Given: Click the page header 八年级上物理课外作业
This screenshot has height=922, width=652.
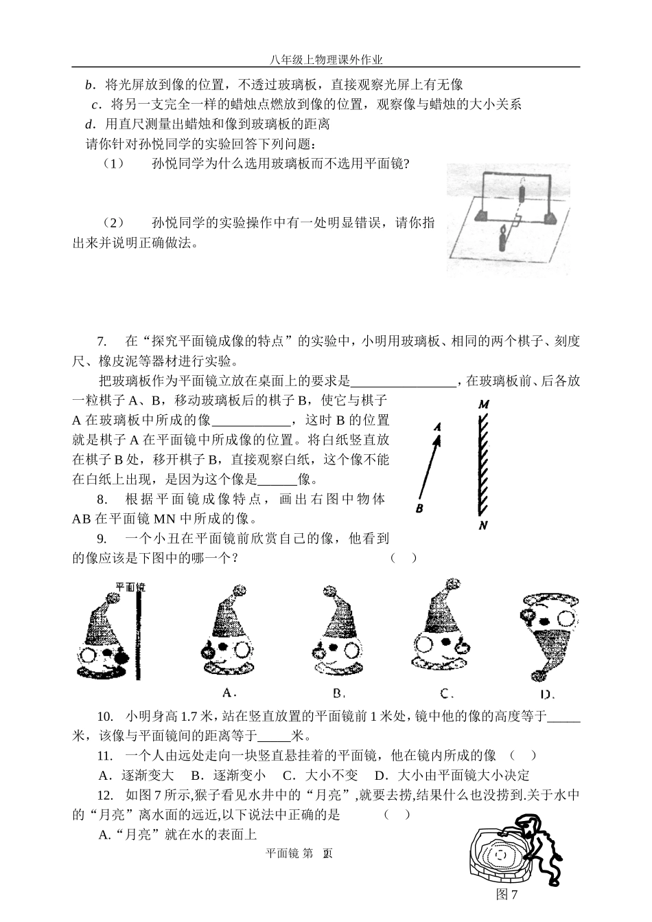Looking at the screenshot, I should (326, 60).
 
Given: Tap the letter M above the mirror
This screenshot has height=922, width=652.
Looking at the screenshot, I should (483, 405).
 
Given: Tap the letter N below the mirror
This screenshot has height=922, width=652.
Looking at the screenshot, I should (483, 526).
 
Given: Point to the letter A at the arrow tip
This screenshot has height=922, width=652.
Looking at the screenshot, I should (437, 427).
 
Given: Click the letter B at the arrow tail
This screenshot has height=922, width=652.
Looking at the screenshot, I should (419, 508).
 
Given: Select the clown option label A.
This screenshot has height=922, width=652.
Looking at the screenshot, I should (230, 692).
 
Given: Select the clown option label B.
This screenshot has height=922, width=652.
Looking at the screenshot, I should (338, 692).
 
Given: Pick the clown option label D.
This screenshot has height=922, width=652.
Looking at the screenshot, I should (547, 693).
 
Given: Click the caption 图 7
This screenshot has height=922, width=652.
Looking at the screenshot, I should (507, 894).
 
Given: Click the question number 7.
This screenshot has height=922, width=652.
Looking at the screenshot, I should (102, 341).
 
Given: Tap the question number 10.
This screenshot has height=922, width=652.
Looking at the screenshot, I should (105, 717).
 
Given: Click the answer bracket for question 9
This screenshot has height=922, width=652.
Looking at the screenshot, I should (404, 558).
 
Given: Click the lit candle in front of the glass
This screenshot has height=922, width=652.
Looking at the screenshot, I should (503, 239).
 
